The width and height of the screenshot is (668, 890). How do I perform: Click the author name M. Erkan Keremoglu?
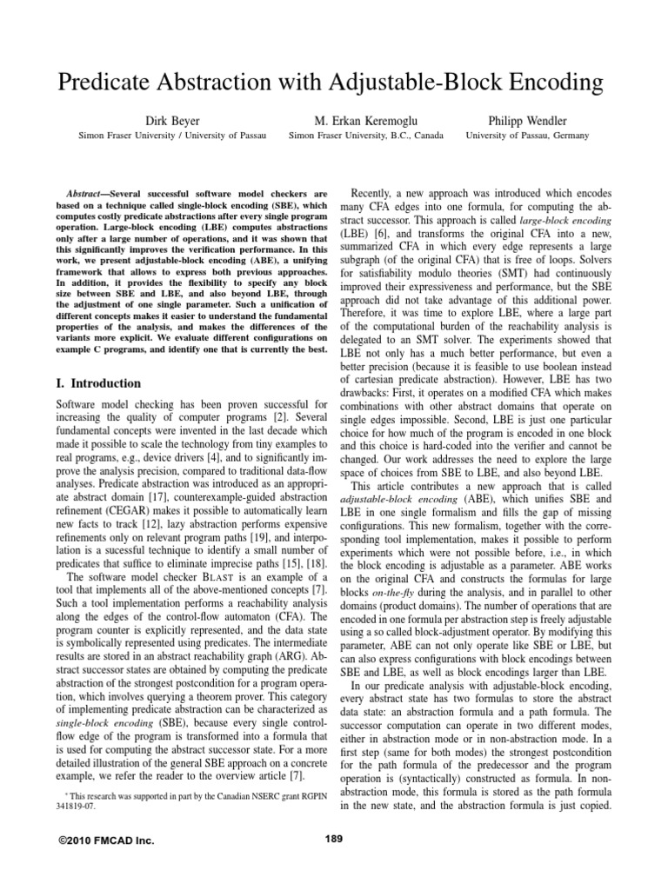(365, 119)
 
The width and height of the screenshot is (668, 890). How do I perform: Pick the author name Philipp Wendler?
(527, 119)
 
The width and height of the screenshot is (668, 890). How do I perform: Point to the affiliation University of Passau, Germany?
(527, 136)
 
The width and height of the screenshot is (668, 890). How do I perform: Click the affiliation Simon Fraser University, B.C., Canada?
(365, 136)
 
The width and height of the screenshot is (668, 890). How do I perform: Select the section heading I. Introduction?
(97, 383)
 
